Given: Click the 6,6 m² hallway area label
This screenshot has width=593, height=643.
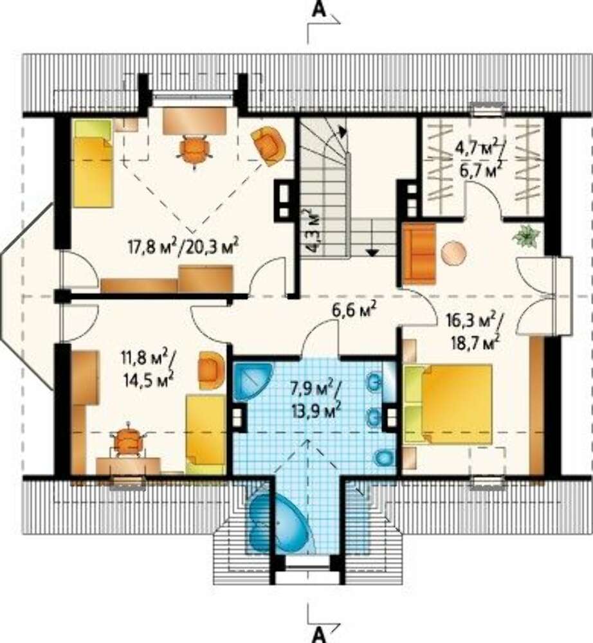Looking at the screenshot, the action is click(354, 311).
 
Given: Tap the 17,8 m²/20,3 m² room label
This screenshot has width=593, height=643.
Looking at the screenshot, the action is click(183, 247).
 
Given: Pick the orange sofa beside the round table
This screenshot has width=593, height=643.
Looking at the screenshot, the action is click(419, 253).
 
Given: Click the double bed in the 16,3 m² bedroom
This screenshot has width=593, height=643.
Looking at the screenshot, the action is click(448, 404).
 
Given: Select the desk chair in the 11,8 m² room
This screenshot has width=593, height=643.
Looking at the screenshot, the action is click(129, 441).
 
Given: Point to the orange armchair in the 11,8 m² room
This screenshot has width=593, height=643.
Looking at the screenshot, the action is click(212, 370).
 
